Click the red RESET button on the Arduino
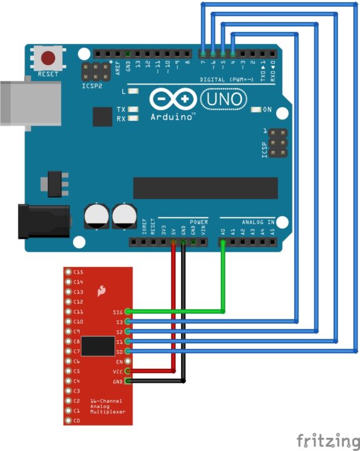(48, 60)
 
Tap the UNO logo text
(223, 100)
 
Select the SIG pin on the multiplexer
(128, 311)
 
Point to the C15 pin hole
(68, 272)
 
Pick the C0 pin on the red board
(68, 420)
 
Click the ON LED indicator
(255, 110)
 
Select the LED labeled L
(133, 92)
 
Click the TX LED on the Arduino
(133, 110)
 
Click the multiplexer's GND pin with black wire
(128, 381)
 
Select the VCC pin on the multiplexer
(128, 371)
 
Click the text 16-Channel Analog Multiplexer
(106, 407)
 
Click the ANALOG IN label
(258, 222)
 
